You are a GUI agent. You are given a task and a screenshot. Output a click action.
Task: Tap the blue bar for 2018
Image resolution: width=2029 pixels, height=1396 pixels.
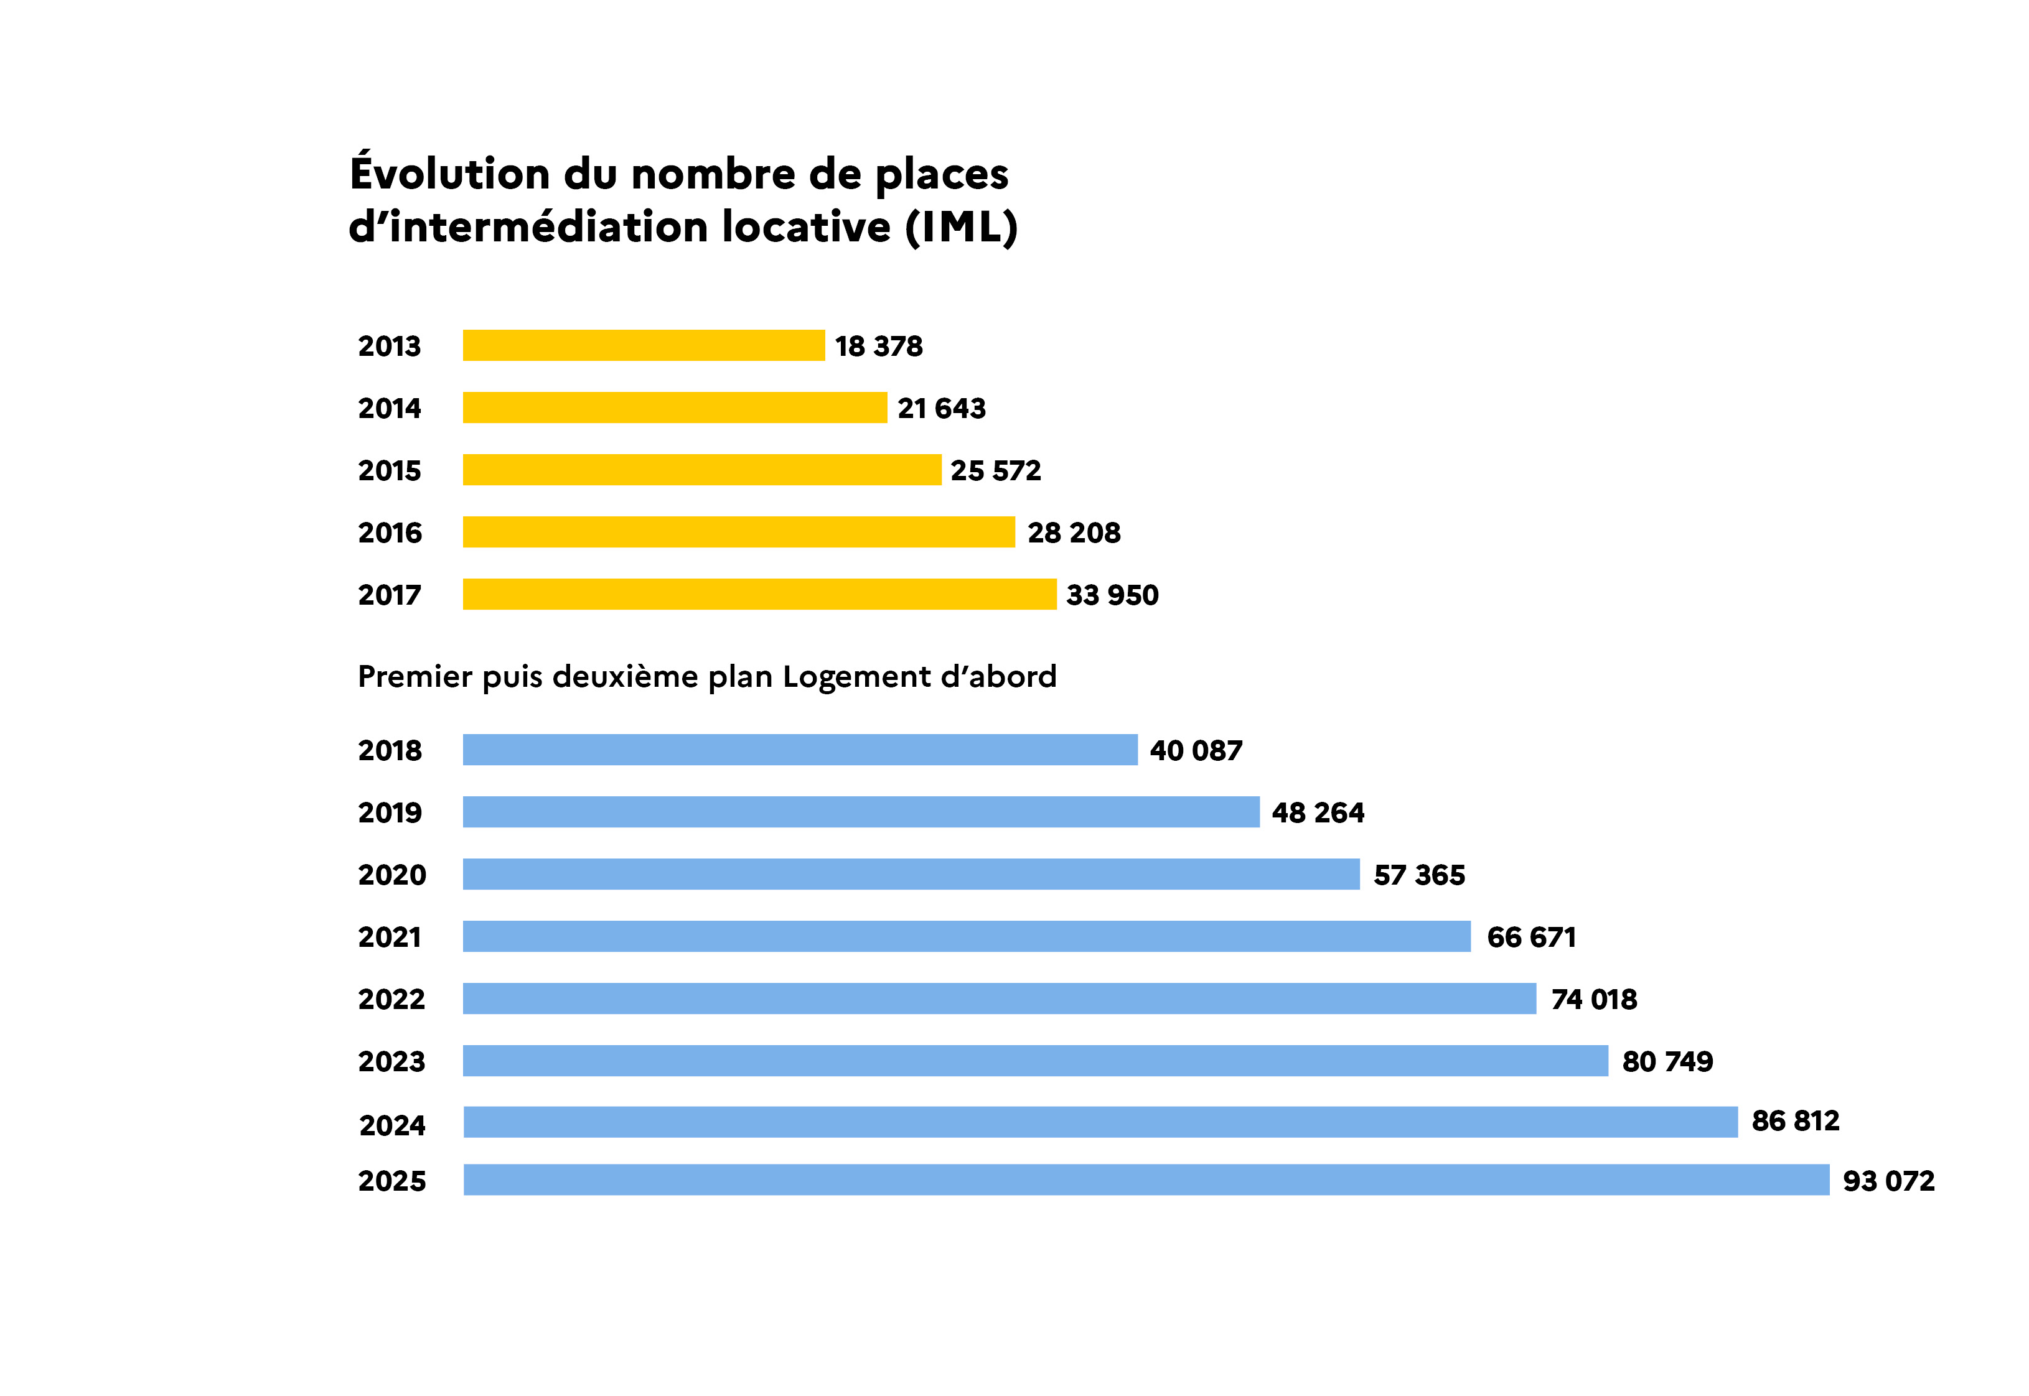tap(800, 750)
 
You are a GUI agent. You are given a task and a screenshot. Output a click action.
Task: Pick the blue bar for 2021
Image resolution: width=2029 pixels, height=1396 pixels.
tap(967, 936)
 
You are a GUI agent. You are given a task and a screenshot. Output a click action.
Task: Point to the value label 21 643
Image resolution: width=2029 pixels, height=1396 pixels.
tap(942, 409)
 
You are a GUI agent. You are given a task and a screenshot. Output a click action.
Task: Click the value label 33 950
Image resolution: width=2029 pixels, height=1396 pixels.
tap(1112, 595)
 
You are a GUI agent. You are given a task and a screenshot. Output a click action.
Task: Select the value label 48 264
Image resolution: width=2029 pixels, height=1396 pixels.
tap(1318, 812)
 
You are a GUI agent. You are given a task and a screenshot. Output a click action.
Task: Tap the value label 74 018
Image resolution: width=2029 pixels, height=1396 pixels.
tap(1594, 999)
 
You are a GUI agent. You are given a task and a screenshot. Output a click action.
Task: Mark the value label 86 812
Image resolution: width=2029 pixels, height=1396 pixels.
tap(1796, 1120)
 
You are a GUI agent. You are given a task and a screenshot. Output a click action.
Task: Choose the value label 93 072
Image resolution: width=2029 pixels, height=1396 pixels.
tap(1889, 1181)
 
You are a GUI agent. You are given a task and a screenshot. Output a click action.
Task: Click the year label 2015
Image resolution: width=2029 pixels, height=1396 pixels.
tap(390, 470)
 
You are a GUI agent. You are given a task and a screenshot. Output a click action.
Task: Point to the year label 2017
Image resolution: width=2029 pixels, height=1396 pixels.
tap(390, 595)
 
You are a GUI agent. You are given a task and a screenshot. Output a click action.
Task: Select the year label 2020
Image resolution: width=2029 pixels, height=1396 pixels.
tap(392, 875)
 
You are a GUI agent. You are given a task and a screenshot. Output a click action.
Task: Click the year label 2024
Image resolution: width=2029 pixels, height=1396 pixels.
tap(392, 1125)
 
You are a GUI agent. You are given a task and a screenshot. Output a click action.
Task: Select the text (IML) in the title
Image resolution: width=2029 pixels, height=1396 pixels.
tap(962, 228)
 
